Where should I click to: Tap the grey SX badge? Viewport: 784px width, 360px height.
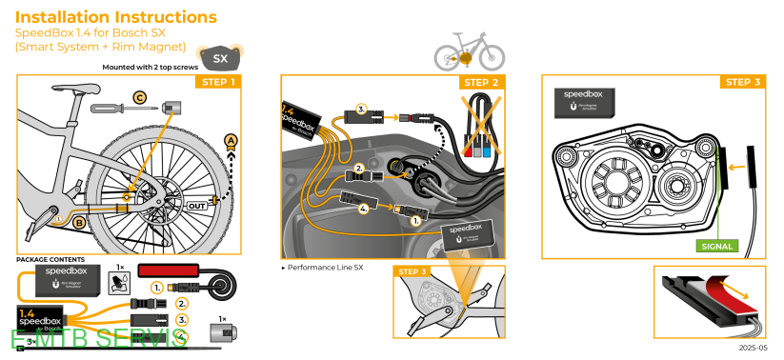220,58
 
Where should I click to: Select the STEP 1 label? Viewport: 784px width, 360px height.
217,82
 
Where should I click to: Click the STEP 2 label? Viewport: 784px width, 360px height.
481,82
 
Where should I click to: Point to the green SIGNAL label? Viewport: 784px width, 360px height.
717,246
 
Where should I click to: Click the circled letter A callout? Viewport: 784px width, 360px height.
230,141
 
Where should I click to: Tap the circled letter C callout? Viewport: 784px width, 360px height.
139,97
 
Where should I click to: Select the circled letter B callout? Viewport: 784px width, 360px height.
79,223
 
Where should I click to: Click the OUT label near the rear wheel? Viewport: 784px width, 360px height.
197,205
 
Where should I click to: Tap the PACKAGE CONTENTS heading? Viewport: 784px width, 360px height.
50,259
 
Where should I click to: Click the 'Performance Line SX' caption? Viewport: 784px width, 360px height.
325,269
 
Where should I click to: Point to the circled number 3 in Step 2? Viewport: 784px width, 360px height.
361,109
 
